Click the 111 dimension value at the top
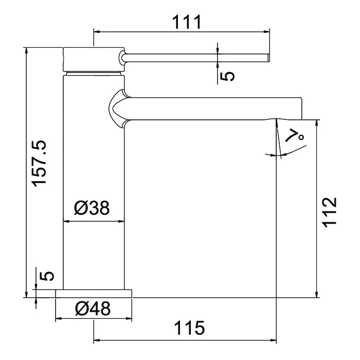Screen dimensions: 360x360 click(186, 22)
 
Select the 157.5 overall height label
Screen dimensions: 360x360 click(39, 163)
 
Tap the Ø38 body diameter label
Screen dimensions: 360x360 click(92, 208)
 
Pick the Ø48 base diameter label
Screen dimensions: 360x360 click(93, 308)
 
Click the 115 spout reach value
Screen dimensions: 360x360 click(189, 328)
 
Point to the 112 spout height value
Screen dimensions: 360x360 click(330, 212)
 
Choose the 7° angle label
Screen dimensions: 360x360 click(295, 135)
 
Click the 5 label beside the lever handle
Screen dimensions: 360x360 click(227, 76)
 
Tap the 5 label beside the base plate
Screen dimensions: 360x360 click(47, 276)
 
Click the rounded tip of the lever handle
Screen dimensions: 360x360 click(268, 58)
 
